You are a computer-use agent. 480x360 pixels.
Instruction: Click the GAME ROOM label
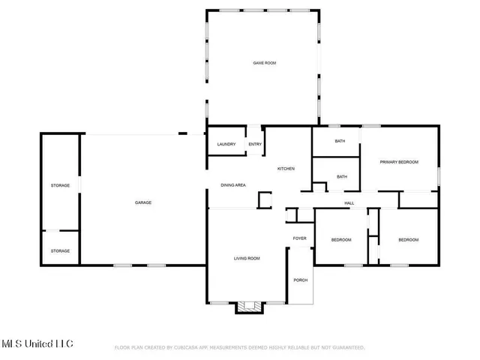click(x=264, y=63)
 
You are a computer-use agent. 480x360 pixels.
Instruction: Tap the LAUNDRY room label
click(x=226, y=144)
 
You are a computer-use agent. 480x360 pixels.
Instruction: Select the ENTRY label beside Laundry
click(x=255, y=144)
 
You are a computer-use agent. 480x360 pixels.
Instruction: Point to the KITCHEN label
click(x=286, y=169)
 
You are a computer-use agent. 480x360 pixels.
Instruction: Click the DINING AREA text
click(x=233, y=184)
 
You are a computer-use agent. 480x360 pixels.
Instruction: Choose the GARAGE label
click(x=143, y=202)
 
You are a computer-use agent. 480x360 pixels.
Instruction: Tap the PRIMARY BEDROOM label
click(x=398, y=162)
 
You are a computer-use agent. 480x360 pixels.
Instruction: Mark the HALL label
click(x=349, y=202)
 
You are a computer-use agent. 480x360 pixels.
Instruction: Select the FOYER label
click(x=299, y=238)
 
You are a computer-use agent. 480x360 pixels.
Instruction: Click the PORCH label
click(x=300, y=280)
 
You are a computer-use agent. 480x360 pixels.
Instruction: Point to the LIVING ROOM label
click(x=247, y=259)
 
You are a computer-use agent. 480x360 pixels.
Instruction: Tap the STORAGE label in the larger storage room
click(x=60, y=184)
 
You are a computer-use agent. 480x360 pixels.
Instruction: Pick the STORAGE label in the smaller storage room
click(x=60, y=251)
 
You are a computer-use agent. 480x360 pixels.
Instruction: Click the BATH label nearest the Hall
click(x=342, y=177)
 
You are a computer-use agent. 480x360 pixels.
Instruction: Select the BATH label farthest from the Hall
click(x=340, y=141)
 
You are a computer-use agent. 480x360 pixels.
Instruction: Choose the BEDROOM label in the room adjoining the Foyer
click(x=341, y=239)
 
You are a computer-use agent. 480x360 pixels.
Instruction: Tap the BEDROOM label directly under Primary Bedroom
click(x=408, y=239)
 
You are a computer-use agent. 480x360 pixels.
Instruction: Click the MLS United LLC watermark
click(x=37, y=344)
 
